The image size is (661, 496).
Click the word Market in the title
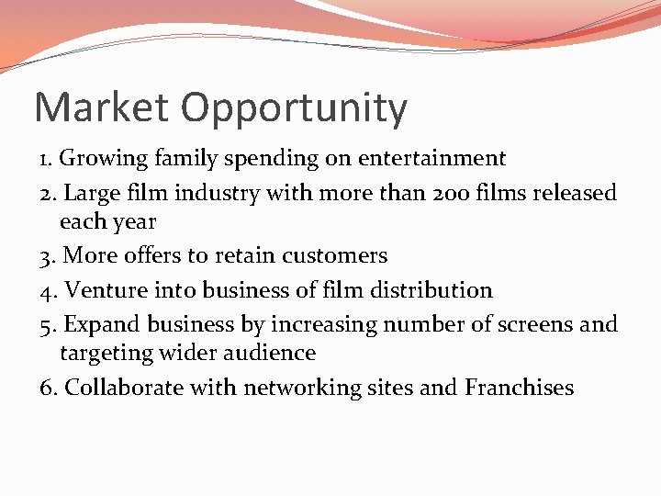[102, 108]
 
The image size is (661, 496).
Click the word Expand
[100, 324]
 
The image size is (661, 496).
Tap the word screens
[532, 324]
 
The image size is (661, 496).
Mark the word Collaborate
[124, 388]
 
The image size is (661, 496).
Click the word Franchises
[519, 388]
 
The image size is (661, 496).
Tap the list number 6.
[48, 388]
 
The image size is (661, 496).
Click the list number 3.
[48, 255]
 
